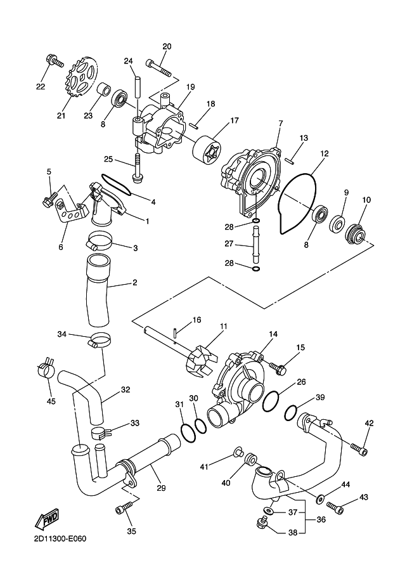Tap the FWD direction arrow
click(46, 521)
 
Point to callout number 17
click(235, 120)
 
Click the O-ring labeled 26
click(271, 402)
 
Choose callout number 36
click(321, 519)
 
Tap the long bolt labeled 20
click(159, 68)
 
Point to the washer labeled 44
click(321, 500)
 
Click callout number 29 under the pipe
click(161, 488)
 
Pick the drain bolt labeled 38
click(263, 523)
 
